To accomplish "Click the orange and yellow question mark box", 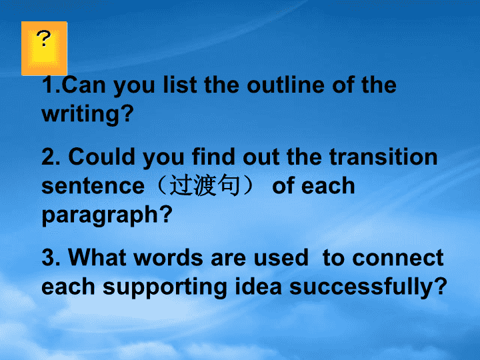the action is [44, 49].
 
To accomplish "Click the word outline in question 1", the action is [285, 85].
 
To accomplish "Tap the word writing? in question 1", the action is [87, 114].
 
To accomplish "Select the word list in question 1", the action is [180, 85].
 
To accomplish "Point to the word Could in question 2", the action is [101, 157].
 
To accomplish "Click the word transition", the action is [383, 157].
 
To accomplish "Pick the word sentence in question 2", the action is [93, 186].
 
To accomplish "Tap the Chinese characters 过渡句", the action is [205, 185].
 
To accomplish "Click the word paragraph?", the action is [107, 215].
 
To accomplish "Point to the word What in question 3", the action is [97, 257].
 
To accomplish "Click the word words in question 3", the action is [168, 257].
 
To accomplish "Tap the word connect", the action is [397, 258].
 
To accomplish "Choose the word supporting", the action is [165, 287].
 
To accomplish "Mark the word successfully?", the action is [368, 287].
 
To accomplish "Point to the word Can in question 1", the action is [83, 85].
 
